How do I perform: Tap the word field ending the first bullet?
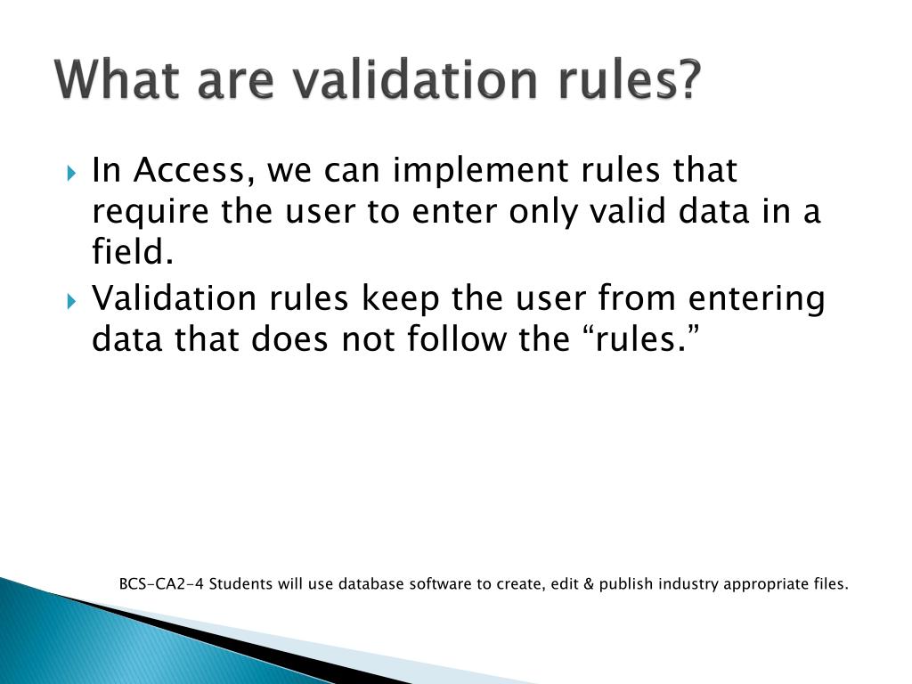pos(131,255)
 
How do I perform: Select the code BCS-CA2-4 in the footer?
pos(151,585)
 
